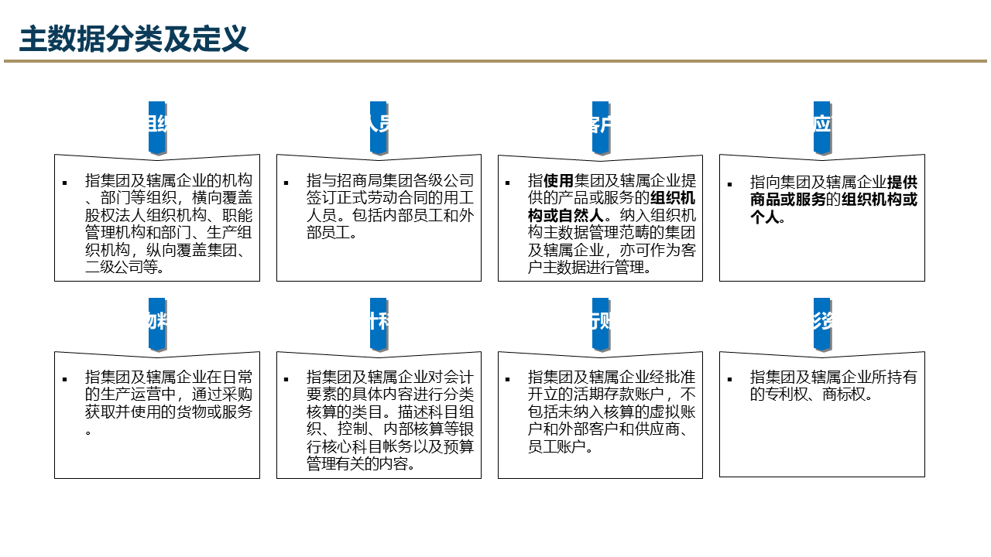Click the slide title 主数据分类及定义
[134, 38]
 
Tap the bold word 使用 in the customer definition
[558, 181]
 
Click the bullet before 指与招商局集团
[286, 183]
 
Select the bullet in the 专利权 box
[729, 379]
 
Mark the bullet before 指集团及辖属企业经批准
[508, 379]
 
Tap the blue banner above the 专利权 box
[821, 323]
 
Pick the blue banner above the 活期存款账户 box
[601, 323]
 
